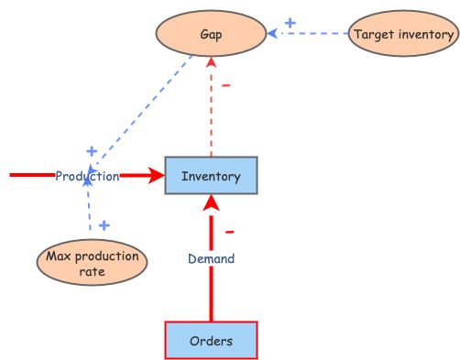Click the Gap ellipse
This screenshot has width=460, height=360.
[x=212, y=35]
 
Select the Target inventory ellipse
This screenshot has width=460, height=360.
[x=403, y=35]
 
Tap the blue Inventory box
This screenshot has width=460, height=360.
[x=211, y=176]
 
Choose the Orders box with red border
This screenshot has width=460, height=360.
[x=211, y=341]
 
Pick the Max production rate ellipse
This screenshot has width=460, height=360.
[x=91, y=264]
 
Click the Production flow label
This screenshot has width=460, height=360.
[x=87, y=177]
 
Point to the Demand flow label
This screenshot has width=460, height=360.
[x=211, y=259]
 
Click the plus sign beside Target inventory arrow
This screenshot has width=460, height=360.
[x=290, y=23]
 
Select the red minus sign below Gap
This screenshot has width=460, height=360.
[x=226, y=86]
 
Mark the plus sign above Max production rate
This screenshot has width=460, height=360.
[x=104, y=224]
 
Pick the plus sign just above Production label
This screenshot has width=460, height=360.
[x=91, y=151]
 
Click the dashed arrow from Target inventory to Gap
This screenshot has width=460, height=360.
[x=312, y=35]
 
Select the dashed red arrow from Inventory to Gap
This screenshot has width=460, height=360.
[x=212, y=110]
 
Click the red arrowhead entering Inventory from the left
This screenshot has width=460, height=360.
[x=157, y=176]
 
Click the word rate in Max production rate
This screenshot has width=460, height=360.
[x=91, y=272]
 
